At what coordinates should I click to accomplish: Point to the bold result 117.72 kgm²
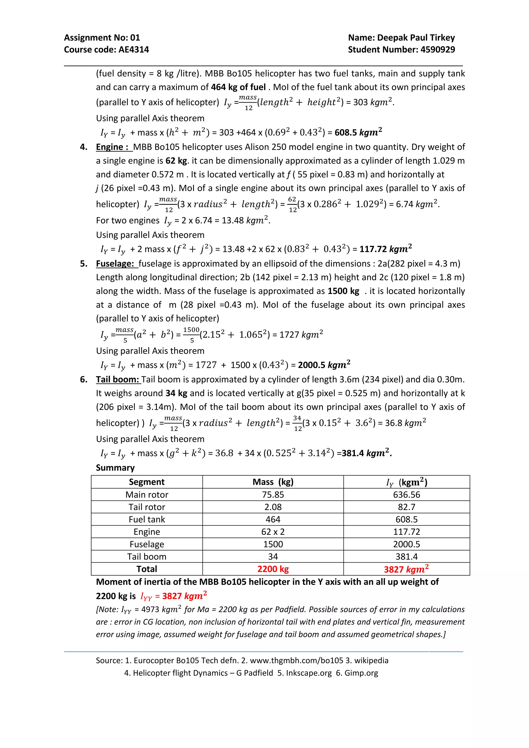point(385,249)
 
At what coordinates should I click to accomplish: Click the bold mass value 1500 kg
point(343,291)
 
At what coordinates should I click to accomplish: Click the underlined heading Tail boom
point(118,379)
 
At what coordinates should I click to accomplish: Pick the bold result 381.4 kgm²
point(366,453)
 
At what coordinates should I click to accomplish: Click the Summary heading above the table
point(115,468)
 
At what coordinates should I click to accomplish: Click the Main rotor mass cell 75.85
point(273,495)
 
